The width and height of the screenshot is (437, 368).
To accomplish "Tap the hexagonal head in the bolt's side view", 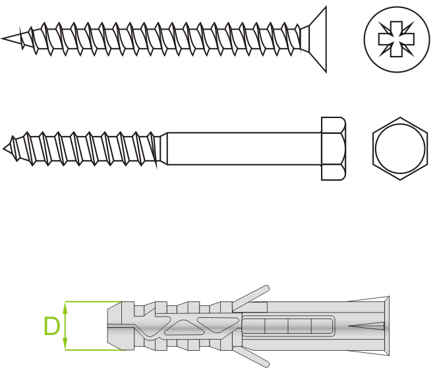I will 334,149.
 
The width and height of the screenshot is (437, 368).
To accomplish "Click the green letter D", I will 51,326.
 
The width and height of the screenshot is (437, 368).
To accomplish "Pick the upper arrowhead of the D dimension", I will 65,307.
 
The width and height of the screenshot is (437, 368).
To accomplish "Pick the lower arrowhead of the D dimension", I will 65,345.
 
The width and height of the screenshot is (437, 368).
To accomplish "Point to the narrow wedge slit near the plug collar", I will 365,326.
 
